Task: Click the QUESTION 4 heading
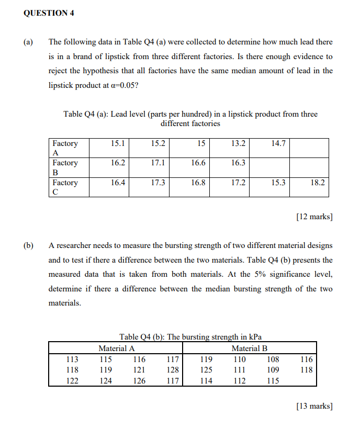(49, 14)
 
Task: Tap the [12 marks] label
(314, 217)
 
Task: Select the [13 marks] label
(314, 405)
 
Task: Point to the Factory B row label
(65, 167)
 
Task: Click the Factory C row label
(65, 187)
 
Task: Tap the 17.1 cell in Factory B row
(158, 163)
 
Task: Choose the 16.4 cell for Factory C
(118, 183)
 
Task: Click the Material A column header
(117, 348)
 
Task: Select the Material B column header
(250, 348)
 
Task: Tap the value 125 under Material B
(206, 370)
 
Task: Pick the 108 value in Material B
(273, 359)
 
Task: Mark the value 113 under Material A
(72, 359)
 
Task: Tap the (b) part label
(28, 245)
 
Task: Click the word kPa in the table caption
(255, 337)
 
